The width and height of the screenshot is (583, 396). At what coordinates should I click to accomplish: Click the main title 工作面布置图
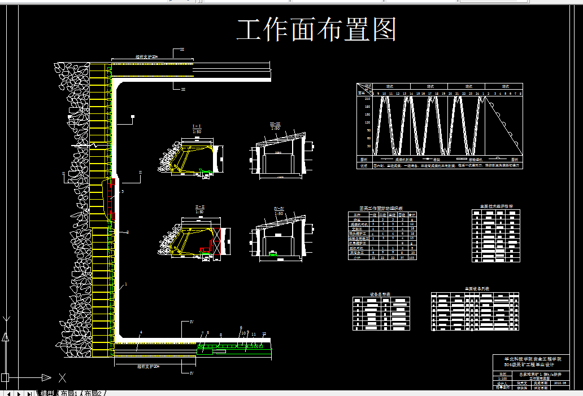[316, 30]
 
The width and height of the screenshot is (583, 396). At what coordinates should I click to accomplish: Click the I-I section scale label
[198, 131]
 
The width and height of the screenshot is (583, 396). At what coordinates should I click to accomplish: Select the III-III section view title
[275, 124]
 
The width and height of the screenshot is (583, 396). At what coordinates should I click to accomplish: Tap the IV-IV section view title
[279, 208]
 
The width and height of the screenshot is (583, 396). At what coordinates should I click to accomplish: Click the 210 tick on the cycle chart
[368, 99]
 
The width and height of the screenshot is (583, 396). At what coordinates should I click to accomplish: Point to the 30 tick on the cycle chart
[368, 146]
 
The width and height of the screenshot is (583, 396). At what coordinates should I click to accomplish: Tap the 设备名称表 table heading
[380, 294]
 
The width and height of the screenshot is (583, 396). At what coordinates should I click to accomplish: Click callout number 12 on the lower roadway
[263, 335]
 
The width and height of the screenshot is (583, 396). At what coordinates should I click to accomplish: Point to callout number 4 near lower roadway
[141, 332]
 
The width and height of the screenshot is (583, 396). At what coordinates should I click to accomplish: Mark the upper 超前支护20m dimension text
[146, 57]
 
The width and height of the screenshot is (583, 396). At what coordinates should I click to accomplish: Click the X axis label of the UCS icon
[63, 377]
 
